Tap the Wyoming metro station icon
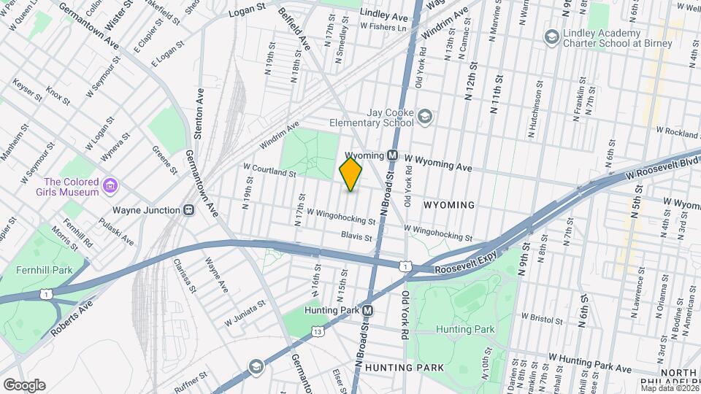pyautogui.click(x=392, y=155)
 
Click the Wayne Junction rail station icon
pyautogui.click(x=189, y=210)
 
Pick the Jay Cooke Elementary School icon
pyautogui.click(x=424, y=115)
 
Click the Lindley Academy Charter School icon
pyautogui.click(x=551, y=36)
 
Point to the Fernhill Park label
pyautogui.click(x=43, y=270)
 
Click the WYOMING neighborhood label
pyautogui.click(x=448, y=206)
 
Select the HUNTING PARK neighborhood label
pyautogui.click(x=399, y=367)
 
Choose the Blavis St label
pyautogui.click(x=357, y=236)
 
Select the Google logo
pyautogui.click(x=24, y=385)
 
